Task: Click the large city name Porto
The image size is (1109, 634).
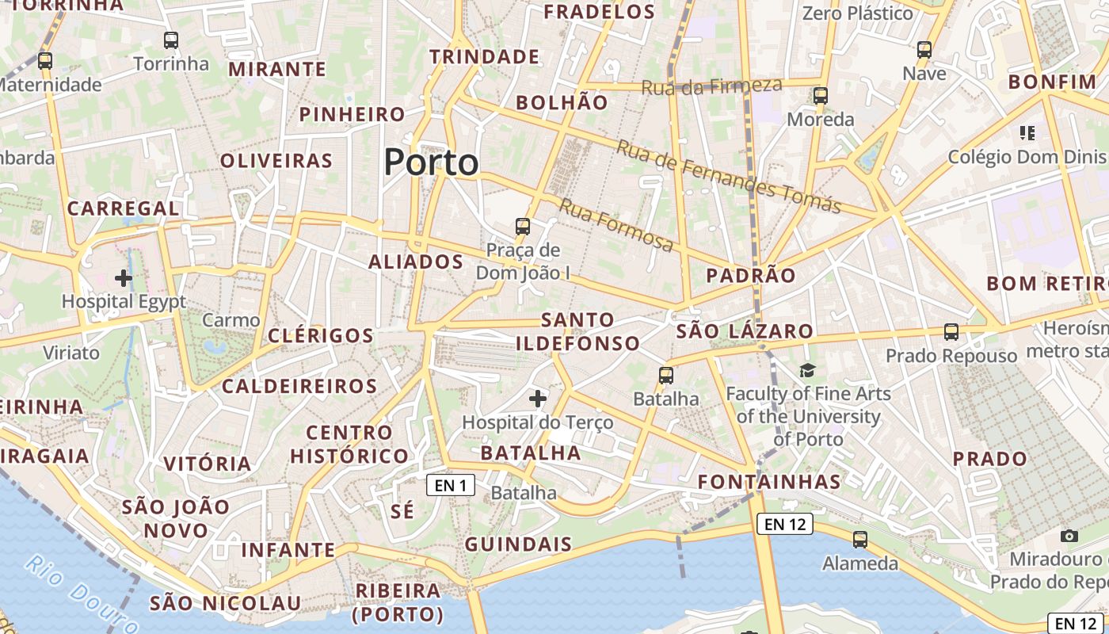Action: pos(431,162)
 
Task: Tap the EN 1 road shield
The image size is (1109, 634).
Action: pos(451,485)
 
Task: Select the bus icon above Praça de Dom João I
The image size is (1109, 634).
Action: pos(523,227)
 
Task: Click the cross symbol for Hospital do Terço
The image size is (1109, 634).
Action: pos(538,398)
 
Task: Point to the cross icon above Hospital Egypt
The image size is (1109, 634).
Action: pos(124,277)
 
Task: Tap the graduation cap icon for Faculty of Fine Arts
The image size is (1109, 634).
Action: pos(807,370)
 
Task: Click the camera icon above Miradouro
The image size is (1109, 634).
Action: pos(1069,536)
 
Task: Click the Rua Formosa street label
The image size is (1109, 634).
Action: pos(616,225)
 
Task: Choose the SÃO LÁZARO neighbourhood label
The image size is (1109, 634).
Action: pos(745,331)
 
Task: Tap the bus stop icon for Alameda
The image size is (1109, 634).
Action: pos(860,540)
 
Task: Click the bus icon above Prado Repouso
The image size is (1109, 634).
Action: pos(951,332)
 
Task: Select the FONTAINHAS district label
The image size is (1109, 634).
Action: pos(769,482)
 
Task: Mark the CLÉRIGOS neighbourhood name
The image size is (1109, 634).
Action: pos(321,335)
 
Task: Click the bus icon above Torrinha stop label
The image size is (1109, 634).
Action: pos(171,40)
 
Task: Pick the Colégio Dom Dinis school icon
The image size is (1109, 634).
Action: pos(1027,132)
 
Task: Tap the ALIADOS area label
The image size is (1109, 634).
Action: pos(416,262)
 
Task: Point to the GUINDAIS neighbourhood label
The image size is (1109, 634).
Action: pos(518,544)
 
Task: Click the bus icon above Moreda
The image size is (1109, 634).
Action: pos(821,96)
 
